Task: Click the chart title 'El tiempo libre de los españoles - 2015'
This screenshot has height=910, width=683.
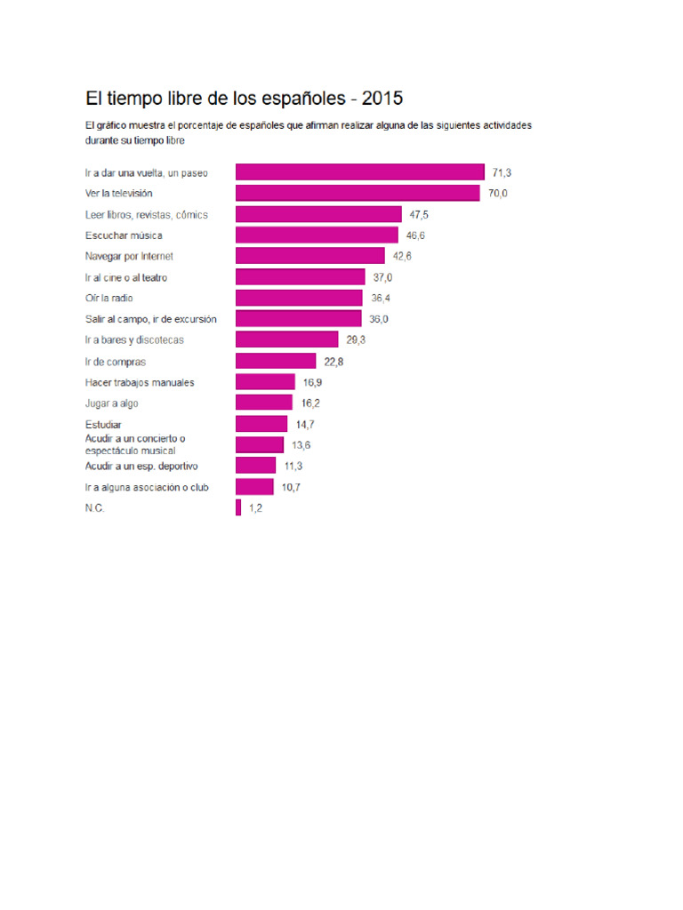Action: click(244, 99)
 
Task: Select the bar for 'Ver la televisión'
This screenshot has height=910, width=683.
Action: click(358, 193)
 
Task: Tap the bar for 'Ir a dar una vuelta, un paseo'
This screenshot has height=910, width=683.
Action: click(360, 172)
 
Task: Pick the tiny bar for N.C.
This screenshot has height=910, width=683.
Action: click(238, 507)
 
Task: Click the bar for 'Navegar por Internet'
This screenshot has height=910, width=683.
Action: click(310, 256)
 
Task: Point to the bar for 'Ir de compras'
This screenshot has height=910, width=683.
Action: click(276, 361)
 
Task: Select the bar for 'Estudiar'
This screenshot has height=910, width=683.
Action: click(261, 424)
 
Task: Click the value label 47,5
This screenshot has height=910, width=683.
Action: click(419, 215)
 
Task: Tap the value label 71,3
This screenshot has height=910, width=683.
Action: click(502, 173)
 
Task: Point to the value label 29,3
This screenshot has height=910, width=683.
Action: click(356, 340)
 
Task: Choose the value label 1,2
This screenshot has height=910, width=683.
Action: click(255, 508)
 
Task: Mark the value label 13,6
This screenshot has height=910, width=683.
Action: click(301, 445)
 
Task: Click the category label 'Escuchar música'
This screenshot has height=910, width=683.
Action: click(124, 235)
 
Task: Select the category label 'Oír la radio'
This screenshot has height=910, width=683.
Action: click(109, 299)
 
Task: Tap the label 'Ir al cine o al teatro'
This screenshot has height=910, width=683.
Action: click(126, 278)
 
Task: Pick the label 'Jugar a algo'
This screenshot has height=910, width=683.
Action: click(111, 403)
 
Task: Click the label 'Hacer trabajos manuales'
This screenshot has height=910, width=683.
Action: click(140, 382)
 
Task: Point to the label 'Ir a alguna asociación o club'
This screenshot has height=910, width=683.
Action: click(147, 488)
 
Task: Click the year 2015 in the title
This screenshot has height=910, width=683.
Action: click(382, 99)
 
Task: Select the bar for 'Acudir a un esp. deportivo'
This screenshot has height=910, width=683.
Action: click(255, 466)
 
